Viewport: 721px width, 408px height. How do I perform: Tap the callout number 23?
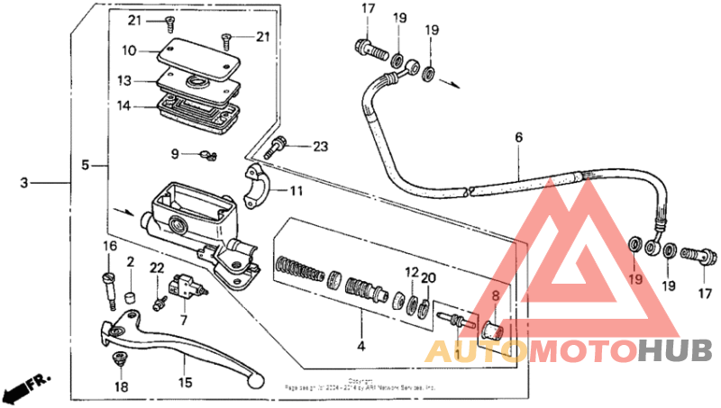coord(321,147)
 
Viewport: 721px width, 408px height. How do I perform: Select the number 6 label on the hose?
coord(518,138)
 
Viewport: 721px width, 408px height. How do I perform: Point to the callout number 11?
coord(297,191)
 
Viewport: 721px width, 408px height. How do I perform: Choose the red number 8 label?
coord(494,295)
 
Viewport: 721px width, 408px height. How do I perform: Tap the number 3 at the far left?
coord(24,183)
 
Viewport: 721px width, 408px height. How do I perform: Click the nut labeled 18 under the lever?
coord(119,359)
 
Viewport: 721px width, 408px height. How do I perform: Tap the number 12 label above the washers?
coord(410,273)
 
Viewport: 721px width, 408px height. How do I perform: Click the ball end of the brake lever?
coord(258,383)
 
